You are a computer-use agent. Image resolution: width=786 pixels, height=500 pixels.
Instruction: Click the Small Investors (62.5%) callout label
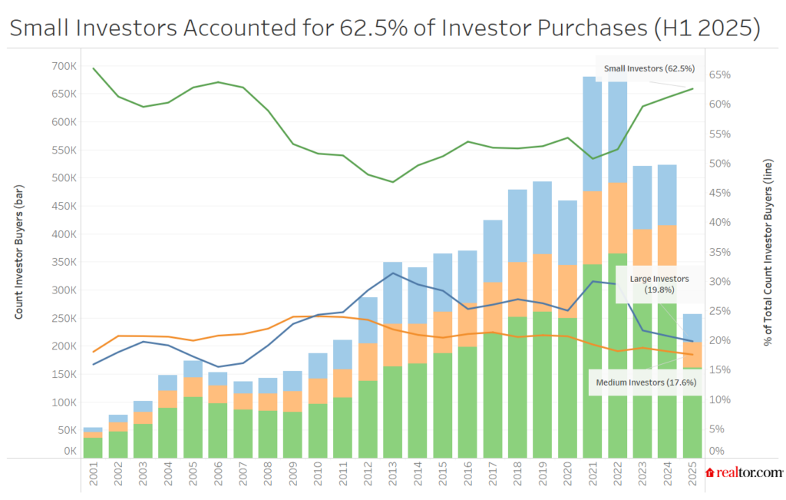[649, 68]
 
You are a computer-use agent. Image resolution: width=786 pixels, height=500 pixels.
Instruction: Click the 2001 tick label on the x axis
[93, 478]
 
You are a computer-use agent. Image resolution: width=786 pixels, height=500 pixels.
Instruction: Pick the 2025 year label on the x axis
[692, 478]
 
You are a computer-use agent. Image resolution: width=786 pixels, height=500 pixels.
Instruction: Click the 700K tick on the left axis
[64, 65]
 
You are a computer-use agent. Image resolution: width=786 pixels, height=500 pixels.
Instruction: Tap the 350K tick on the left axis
[64, 262]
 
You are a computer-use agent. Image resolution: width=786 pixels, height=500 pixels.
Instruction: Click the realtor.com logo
[744, 473]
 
